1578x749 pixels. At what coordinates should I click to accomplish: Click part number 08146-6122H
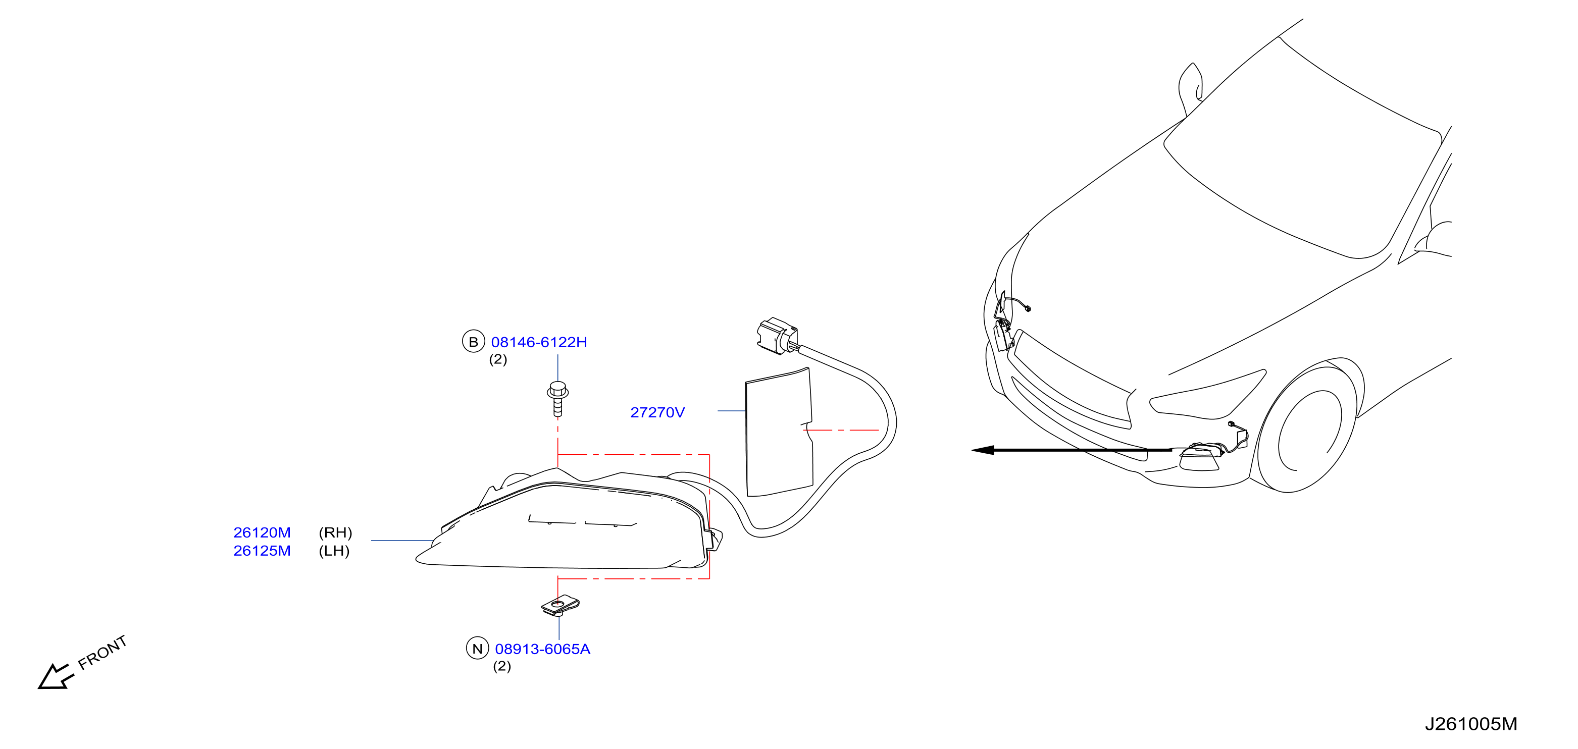[x=539, y=342]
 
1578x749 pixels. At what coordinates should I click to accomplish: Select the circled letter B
[x=474, y=342]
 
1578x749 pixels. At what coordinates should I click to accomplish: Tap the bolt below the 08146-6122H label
[x=557, y=399]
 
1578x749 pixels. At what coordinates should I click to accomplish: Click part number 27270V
[x=657, y=413]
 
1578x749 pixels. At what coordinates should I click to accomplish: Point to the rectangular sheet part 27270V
[x=779, y=432]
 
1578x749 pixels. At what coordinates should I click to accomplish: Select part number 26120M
[x=262, y=533]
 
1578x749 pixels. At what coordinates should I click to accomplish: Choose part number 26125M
[x=262, y=551]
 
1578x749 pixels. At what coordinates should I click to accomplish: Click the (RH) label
[x=336, y=533]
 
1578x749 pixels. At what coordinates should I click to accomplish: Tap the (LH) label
[x=334, y=551]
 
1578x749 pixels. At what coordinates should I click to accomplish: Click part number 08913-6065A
[x=543, y=649]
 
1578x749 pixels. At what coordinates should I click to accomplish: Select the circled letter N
[x=478, y=649]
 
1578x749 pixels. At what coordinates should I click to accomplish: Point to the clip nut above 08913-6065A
[x=560, y=606]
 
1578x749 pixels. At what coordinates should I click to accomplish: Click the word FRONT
[x=103, y=652]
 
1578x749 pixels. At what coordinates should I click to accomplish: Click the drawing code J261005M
[x=1471, y=724]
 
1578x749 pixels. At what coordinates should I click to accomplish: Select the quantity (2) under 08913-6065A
[x=502, y=666]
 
